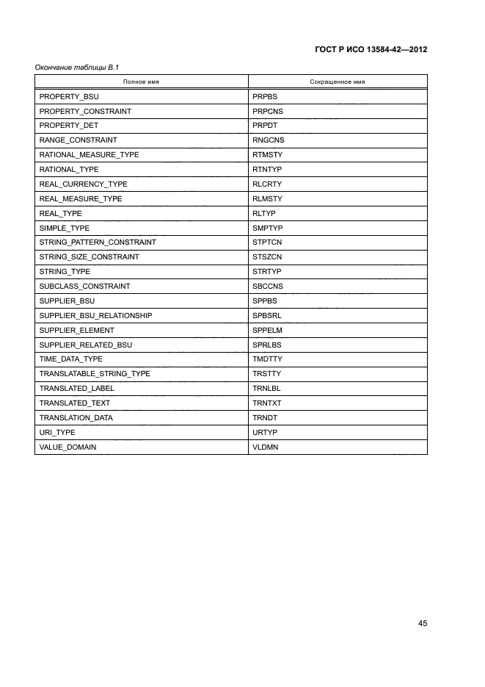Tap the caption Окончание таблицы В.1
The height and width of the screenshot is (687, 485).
pyautogui.click(x=77, y=68)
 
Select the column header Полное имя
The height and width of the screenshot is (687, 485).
pyautogui.click(x=141, y=82)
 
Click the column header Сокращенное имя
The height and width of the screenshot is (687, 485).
pyautogui.click(x=338, y=82)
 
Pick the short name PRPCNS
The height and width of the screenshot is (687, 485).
pyautogui.click(x=267, y=111)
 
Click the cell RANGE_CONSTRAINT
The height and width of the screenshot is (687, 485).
pyautogui.click(x=78, y=140)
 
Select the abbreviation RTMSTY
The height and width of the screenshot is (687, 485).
pyautogui.click(x=267, y=155)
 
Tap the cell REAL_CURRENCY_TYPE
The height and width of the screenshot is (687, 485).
pyautogui.click(x=83, y=184)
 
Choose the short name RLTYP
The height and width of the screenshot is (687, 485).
pyautogui.click(x=264, y=213)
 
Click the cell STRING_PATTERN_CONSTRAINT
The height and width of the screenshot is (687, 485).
pyautogui.click(x=98, y=242)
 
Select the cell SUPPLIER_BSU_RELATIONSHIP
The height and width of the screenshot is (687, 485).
pyautogui.click(x=95, y=315)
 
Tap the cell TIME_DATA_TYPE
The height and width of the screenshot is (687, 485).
pyautogui.click(x=70, y=359)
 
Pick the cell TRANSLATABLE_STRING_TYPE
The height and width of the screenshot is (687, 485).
pyautogui.click(x=95, y=374)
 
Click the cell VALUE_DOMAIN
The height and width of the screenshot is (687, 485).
pyautogui.click(x=68, y=447)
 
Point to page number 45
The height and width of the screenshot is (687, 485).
pyautogui.click(x=423, y=623)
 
